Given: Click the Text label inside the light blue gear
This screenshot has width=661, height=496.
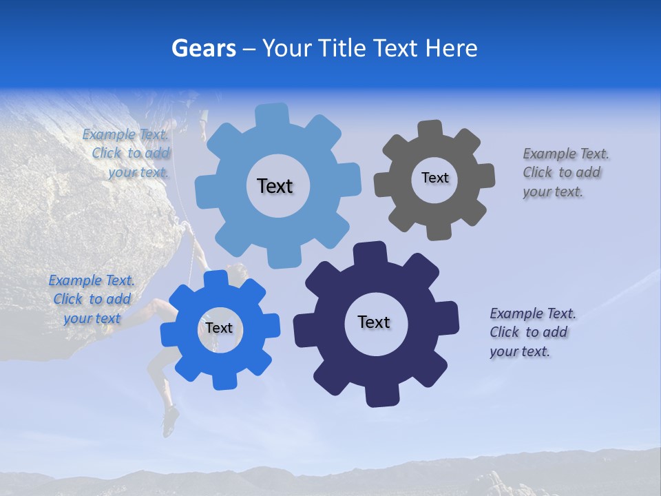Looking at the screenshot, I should pos(275,186).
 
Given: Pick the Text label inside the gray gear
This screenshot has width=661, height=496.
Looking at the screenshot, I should pos(434,178).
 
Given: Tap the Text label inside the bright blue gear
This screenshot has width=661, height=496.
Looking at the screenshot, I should pos(219,328).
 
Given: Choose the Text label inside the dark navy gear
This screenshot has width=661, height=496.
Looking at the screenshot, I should pos(374,322).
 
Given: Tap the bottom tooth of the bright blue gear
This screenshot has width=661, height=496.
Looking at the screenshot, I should pos(222,380).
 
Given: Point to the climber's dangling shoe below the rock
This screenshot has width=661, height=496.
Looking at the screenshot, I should pos(170,420).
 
